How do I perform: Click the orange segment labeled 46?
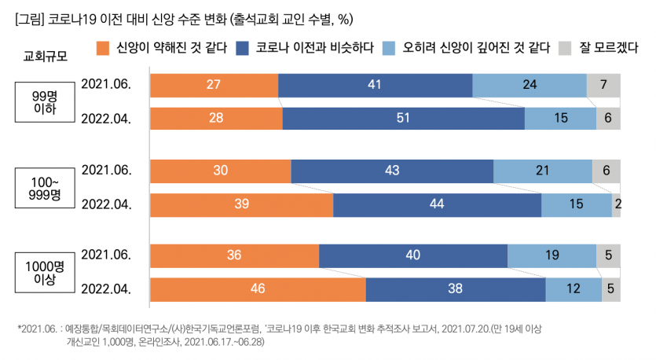[x=258, y=288]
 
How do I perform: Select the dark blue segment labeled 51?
[x=403, y=118]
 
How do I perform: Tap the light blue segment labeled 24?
[x=530, y=85]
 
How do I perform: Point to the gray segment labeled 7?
[x=603, y=85]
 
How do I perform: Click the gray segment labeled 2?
[x=617, y=204]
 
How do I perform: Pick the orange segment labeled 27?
[x=214, y=85]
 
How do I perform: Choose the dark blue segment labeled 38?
[x=456, y=288]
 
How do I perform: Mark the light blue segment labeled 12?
[x=574, y=288]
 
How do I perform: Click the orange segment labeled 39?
[x=241, y=204]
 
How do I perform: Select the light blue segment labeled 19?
[x=552, y=255]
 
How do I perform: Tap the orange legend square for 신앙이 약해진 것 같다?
[x=103, y=48]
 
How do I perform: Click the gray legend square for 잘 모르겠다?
[x=564, y=48]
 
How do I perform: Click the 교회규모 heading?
[x=45, y=57]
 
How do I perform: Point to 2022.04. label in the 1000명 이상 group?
[x=106, y=288]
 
